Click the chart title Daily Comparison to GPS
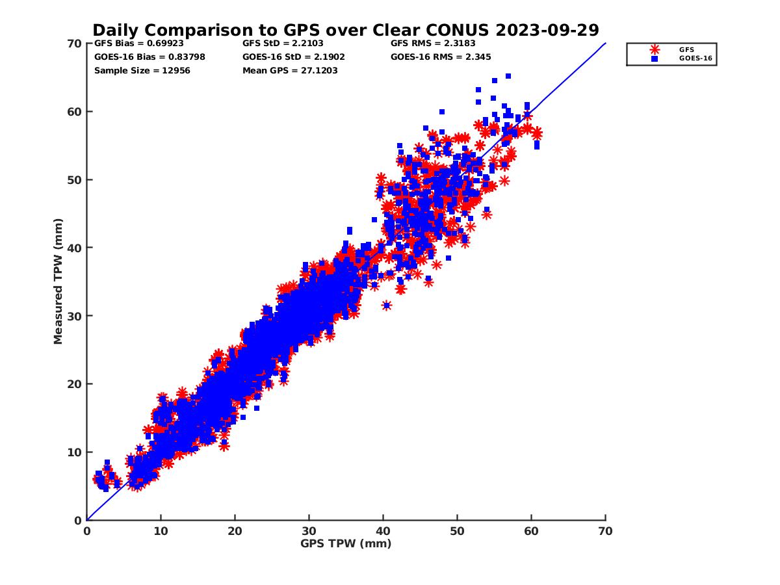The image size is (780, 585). click(x=346, y=31)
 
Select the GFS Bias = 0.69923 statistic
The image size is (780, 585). click(x=139, y=44)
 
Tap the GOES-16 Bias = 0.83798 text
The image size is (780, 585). click(x=149, y=57)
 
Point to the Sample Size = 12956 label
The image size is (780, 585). click(x=142, y=70)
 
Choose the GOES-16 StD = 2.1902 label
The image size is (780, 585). click(x=294, y=57)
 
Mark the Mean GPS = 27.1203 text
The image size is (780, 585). click(x=290, y=70)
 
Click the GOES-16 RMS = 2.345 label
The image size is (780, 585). click(x=441, y=57)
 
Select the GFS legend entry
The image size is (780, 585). click(x=686, y=49)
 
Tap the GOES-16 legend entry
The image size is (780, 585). click(x=691, y=58)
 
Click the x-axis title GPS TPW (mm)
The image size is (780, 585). click(x=346, y=543)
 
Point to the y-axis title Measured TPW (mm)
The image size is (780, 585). click(x=58, y=281)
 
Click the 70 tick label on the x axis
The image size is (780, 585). click(x=605, y=531)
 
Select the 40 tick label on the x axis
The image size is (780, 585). click(x=383, y=531)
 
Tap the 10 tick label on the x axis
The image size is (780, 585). click(x=161, y=531)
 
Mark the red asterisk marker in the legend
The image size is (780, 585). click(x=655, y=49)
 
